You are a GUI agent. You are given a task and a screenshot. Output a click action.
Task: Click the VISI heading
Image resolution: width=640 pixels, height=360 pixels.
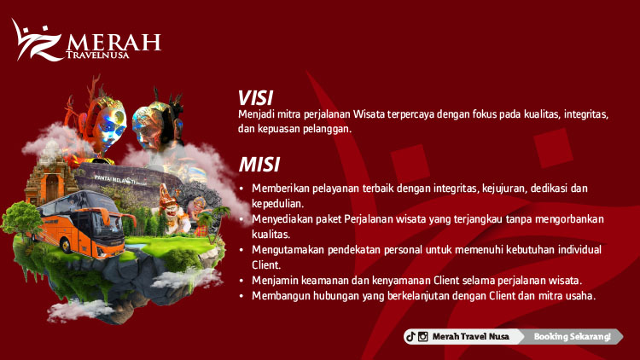click(255, 97)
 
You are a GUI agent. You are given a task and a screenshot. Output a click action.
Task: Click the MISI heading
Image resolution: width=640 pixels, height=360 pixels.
click(259, 165)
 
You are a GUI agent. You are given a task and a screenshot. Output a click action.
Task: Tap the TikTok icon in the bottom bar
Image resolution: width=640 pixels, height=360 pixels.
click(410, 337)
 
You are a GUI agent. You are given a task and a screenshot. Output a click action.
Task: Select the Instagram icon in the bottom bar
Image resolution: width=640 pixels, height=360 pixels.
click(422, 337)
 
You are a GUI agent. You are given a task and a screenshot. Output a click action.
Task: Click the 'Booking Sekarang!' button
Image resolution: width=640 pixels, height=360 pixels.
click(572, 337)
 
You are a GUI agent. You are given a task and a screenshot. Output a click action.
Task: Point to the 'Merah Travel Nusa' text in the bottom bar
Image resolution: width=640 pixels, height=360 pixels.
click(470, 337)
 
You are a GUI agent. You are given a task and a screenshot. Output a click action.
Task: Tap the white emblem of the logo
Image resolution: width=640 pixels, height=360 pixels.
click(37, 40)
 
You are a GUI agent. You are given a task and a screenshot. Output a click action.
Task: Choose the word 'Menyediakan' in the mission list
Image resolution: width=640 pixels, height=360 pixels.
click(282, 219)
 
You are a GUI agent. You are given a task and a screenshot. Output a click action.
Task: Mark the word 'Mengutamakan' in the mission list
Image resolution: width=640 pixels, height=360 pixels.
click(286, 250)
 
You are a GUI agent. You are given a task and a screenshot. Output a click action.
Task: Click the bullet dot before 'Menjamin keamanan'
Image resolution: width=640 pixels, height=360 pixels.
click(242, 281)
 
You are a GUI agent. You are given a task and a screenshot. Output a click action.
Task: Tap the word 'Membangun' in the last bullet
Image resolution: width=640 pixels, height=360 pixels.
click(278, 296)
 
